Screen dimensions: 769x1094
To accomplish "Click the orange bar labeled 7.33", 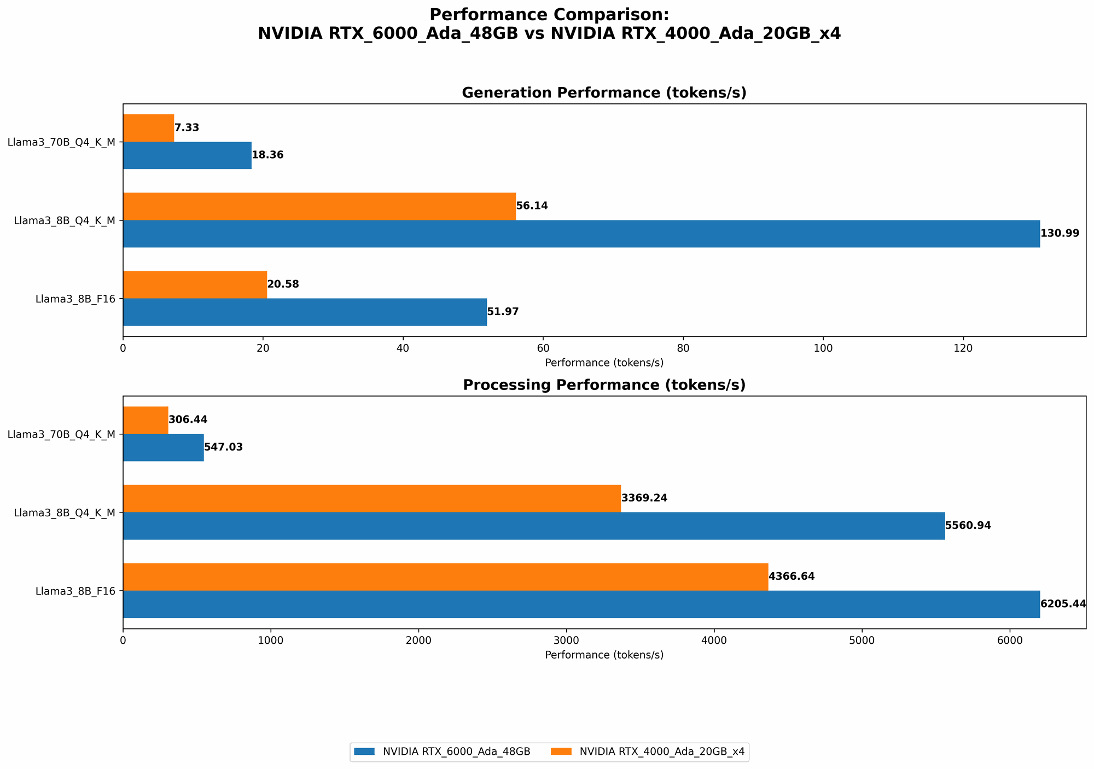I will (x=148, y=128).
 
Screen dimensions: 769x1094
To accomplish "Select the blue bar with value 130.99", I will (x=581, y=234).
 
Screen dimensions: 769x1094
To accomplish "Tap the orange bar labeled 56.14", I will (x=319, y=206).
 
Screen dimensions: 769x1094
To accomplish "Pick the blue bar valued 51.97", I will (x=305, y=312).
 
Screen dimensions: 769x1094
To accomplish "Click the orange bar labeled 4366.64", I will (x=445, y=576).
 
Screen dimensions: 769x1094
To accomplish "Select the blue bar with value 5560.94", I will (x=533, y=526).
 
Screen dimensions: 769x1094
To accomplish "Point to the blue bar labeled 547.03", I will (x=163, y=447).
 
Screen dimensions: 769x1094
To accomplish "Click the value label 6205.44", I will (x=1063, y=604).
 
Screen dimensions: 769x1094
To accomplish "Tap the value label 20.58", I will (x=283, y=284).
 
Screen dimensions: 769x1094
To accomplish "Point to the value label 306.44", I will (x=188, y=420).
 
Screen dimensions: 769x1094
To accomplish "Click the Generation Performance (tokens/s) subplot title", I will (x=604, y=93).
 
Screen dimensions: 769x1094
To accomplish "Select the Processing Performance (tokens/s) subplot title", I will (x=604, y=385).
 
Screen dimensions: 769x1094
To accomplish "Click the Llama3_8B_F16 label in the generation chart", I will (x=75, y=299).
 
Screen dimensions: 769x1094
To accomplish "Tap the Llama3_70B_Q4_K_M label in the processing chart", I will (x=61, y=434).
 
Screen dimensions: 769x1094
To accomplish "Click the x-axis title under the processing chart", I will (x=604, y=655).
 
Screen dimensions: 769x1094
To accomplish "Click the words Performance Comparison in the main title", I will (x=549, y=15).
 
